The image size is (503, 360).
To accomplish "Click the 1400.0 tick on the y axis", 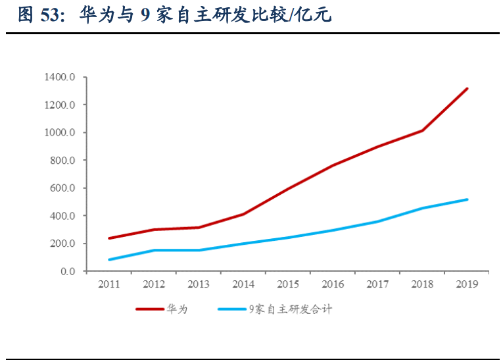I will click(x=60, y=78).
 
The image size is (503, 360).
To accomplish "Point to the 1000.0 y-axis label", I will click(x=60, y=133).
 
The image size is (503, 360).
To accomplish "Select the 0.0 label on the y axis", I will click(x=68, y=271).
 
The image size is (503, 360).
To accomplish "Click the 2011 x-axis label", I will click(x=108, y=284).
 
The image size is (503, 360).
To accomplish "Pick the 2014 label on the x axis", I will click(x=243, y=284).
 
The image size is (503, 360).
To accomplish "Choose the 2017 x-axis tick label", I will click(x=377, y=284).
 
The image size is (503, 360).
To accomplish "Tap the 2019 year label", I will click(x=467, y=284).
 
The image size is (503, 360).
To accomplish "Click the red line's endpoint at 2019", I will click(x=467, y=88).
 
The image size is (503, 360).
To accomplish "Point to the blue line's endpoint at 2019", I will click(x=467, y=199).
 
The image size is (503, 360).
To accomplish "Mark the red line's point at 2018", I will click(x=422, y=130).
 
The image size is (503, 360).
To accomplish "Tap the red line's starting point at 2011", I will click(x=108, y=238).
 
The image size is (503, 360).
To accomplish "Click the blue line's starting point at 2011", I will click(x=108, y=260).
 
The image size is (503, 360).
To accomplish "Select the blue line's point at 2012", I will click(x=153, y=250).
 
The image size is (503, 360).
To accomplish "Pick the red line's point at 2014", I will click(x=243, y=214).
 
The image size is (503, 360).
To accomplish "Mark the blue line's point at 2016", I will click(x=333, y=230).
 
